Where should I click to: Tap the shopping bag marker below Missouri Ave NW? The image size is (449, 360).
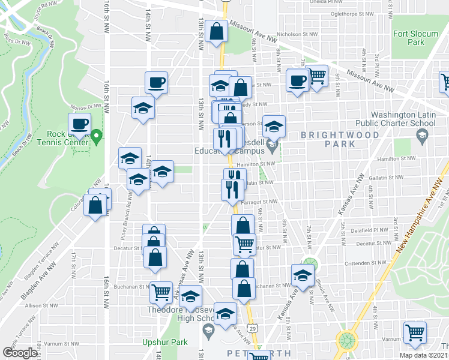[x=216, y=31]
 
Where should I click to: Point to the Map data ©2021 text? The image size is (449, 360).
[x=424, y=355]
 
